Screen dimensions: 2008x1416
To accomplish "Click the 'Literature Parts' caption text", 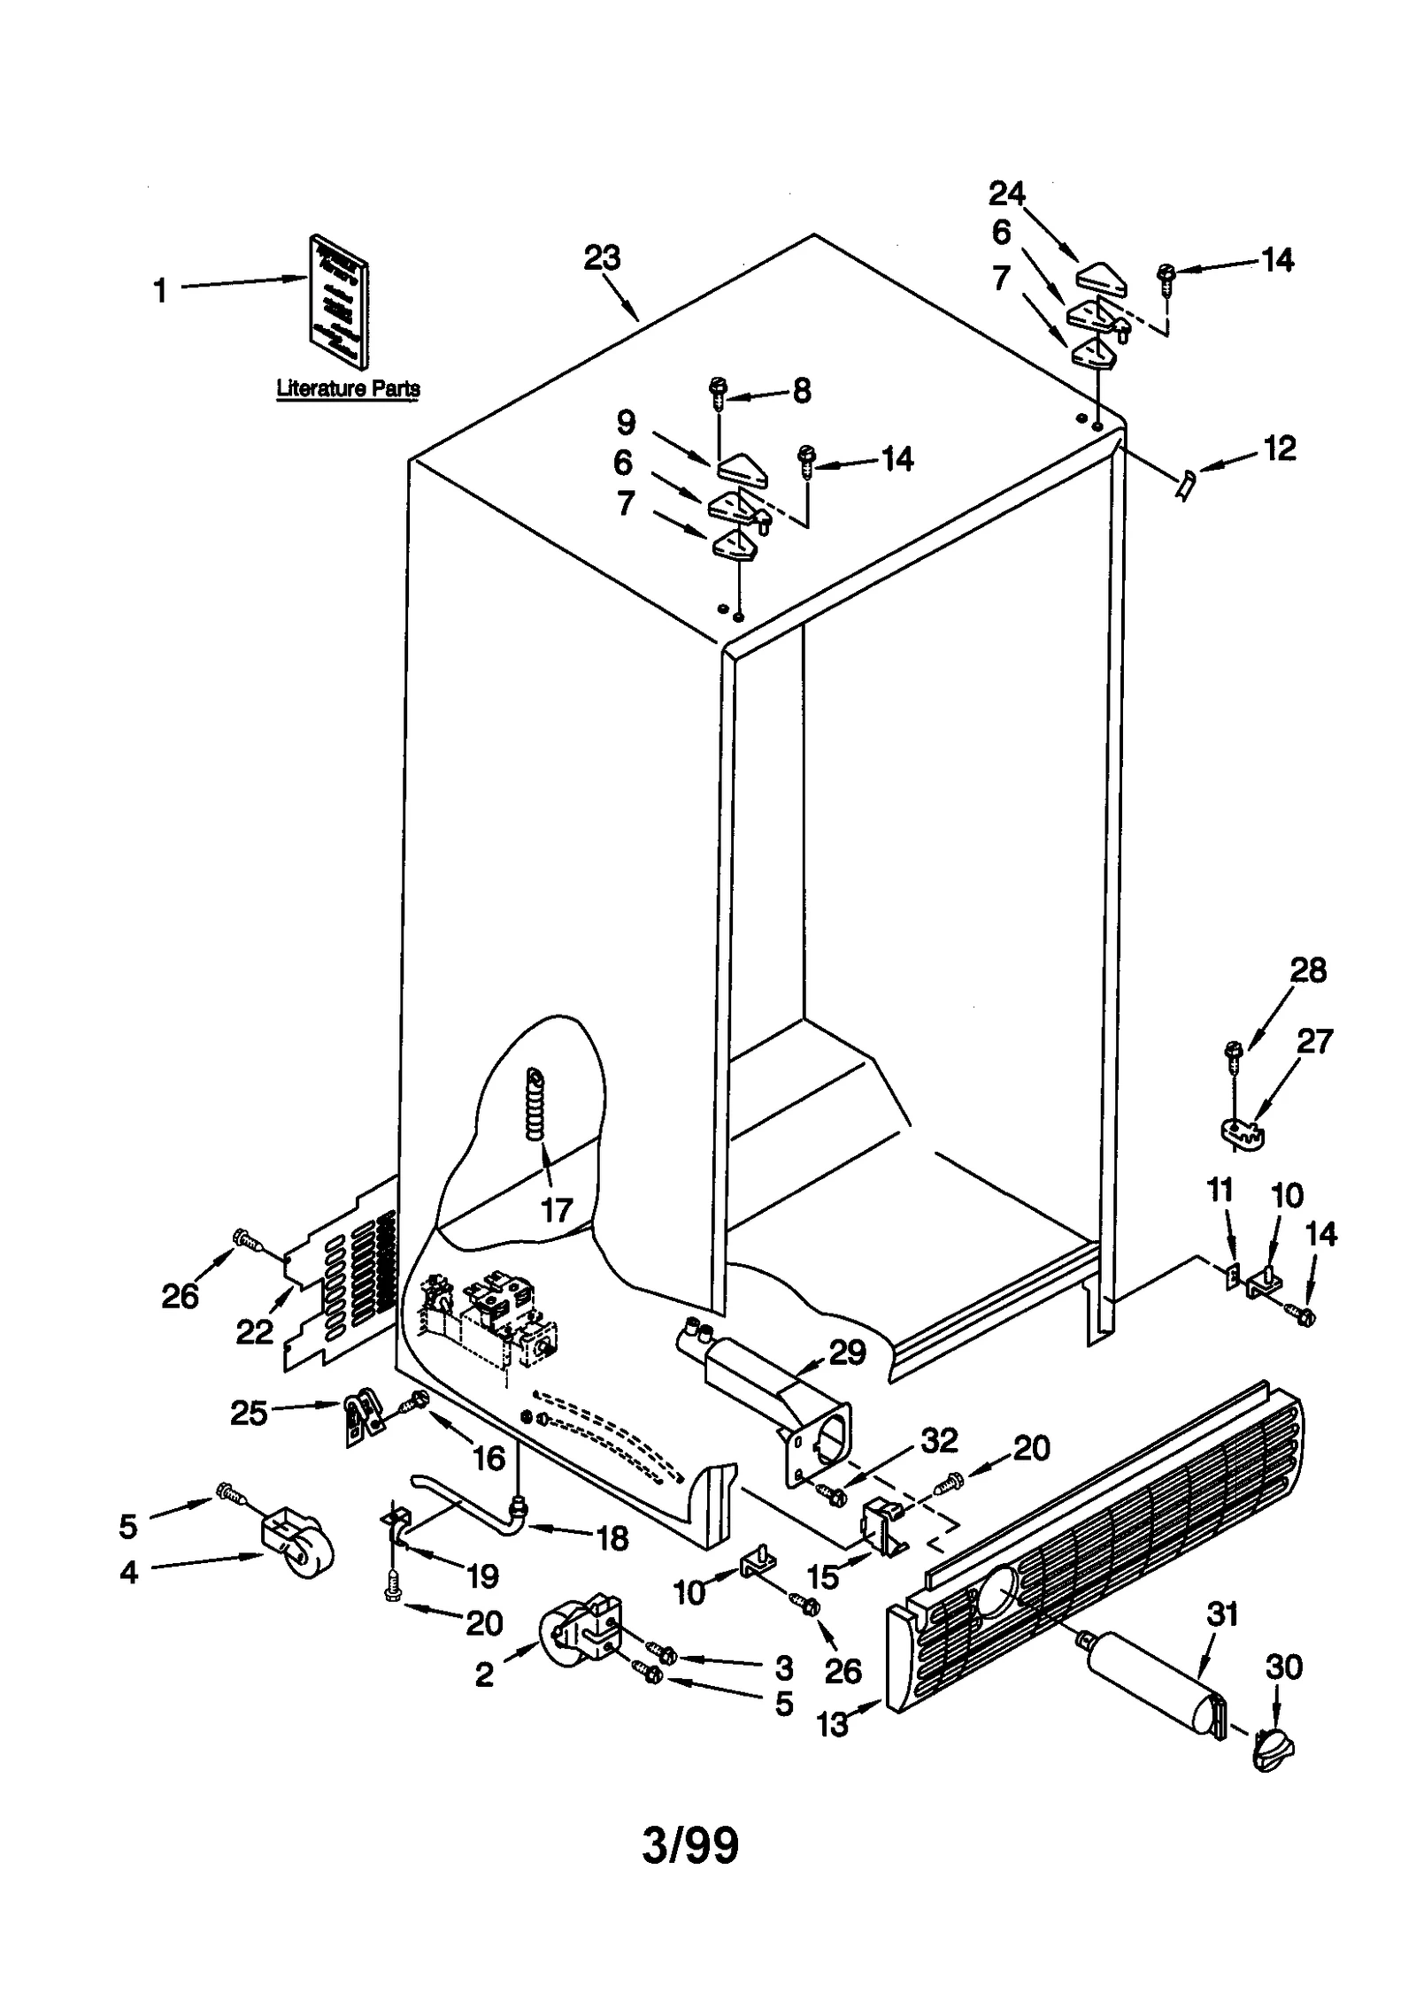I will [x=348, y=388].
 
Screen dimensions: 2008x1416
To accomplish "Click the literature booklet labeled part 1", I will [x=339, y=301].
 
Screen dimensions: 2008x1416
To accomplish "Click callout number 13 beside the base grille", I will [x=833, y=1724].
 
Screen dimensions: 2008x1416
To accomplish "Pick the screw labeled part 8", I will [x=718, y=391].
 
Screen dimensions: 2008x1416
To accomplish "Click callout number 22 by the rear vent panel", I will [x=255, y=1331].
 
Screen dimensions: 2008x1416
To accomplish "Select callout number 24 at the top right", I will [x=1006, y=193].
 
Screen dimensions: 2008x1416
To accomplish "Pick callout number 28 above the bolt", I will [x=1308, y=970].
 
